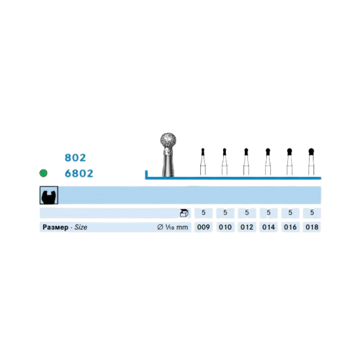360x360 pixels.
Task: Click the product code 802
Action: (x=75, y=158)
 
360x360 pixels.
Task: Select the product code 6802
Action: (x=79, y=173)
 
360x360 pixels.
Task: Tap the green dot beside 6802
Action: (x=43, y=173)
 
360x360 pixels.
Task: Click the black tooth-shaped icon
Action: (x=48, y=196)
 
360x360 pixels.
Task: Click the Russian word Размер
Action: (x=56, y=227)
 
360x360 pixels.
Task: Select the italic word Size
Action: (x=81, y=227)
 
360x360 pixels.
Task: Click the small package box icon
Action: (x=184, y=213)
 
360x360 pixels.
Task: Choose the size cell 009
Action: (x=204, y=227)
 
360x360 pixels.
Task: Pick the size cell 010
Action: (x=225, y=227)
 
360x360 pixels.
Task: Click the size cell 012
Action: (x=247, y=227)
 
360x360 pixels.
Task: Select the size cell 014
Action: (x=268, y=227)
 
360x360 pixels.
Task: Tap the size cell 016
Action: (x=290, y=227)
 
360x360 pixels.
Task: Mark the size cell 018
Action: (x=312, y=227)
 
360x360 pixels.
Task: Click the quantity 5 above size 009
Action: (x=204, y=213)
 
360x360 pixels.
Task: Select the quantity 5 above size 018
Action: (x=312, y=213)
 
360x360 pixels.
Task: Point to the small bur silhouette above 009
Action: (x=203, y=162)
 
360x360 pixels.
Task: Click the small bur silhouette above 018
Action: (x=311, y=162)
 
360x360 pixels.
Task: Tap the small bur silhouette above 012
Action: (x=246, y=162)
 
